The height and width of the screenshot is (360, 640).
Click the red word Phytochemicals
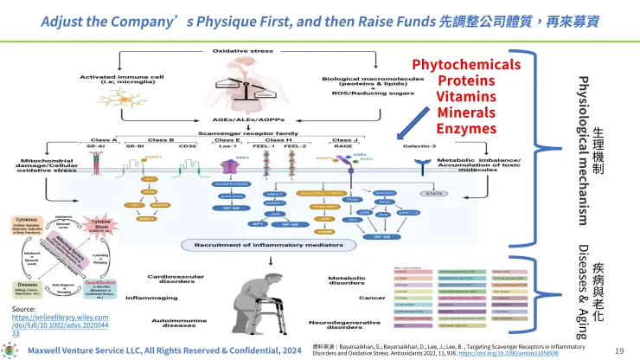tap(466, 65)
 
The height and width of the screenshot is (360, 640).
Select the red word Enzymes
tap(466, 128)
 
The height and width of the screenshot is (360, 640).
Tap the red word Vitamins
tap(466, 97)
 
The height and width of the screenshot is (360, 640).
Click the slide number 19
tap(618, 350)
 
